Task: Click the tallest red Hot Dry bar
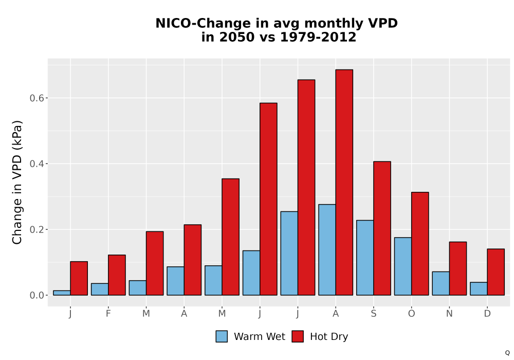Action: point(344,182)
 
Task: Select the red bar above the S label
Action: point(382,228)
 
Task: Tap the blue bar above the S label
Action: point(365,258)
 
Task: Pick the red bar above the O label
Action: point(420,244)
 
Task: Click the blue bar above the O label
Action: point(403,266)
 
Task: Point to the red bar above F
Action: point(117,275)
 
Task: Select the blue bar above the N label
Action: point(441,283)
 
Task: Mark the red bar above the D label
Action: point(495,272)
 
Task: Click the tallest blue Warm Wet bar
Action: point(327,250)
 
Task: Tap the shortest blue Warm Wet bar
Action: point(62,293)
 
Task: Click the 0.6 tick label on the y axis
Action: point(36,98)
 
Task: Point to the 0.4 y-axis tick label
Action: point(36,164)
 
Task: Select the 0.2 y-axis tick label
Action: point(36,229)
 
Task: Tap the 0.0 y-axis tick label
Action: point(36,295)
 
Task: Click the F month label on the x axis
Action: point(108,314)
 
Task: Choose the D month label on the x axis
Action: point(487,314)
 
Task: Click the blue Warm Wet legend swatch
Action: point(222,336)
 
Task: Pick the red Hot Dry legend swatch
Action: point(298,336)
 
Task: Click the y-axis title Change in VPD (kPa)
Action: point(17,183)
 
